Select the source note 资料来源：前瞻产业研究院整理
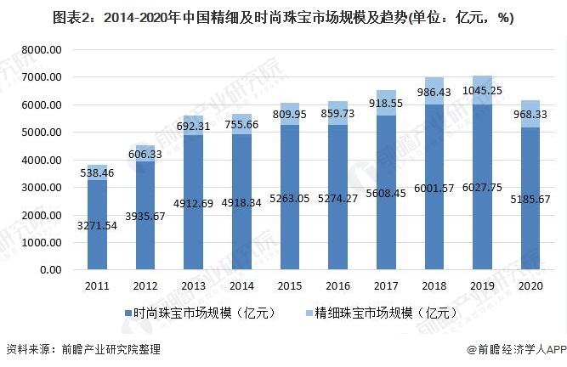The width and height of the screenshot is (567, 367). click(x=83, y=349)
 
